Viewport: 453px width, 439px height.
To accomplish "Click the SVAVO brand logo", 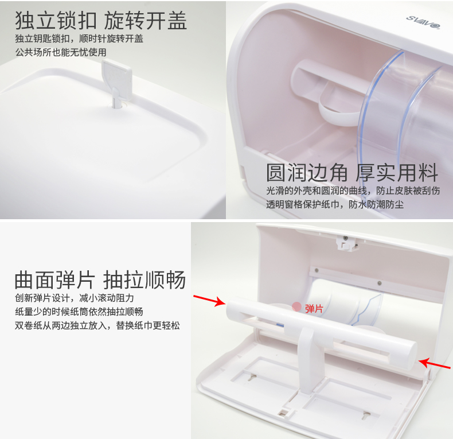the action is (x=423, y=22).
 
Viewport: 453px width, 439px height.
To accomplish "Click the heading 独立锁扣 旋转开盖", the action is (x=101, y=20).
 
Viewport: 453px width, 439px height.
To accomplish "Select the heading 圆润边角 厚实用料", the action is (x=352, y=173).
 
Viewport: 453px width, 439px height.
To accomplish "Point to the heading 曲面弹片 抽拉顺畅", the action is (x=100, y=279).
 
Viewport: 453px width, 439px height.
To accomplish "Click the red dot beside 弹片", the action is (x=296, y=307).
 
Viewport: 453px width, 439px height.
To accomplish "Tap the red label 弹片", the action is (x=314, y=309).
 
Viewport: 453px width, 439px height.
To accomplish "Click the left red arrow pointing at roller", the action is (x=209, y=301).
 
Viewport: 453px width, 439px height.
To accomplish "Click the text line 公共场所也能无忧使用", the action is (x=61, y=52).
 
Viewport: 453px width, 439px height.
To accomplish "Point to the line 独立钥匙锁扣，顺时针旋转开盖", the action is (x=79, y=39).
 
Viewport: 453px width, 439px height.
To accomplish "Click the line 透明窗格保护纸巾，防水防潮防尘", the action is (x=334, y=204).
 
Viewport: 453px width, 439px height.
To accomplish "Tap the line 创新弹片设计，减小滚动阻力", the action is (x=74, y=298).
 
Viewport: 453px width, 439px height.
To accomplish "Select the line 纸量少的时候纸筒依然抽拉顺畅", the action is (x=79, y=312).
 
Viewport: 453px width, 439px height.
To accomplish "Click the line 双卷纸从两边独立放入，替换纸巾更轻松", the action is (x=97, y=325).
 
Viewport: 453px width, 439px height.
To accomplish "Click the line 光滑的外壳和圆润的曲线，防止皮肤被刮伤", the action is (x=353, y=191).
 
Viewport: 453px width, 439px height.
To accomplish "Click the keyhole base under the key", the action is (x=118, y=104).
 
